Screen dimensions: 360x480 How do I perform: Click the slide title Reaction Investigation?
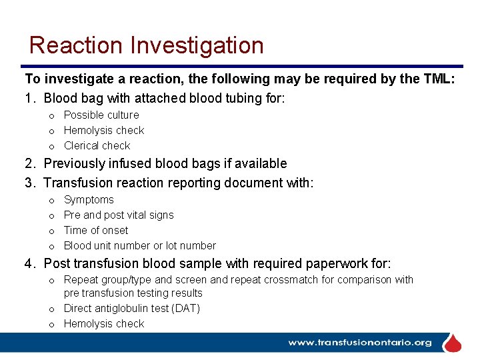147,45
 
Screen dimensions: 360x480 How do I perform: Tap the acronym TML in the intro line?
439,79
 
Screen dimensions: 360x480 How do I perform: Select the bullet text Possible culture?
101,115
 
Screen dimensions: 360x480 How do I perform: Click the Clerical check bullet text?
97,145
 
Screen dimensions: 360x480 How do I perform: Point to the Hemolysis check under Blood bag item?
104,130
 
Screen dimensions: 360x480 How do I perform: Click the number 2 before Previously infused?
29,163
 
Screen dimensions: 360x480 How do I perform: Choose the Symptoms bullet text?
89,199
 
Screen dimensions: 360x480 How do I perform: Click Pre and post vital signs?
119,215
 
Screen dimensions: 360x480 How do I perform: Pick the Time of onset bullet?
96,230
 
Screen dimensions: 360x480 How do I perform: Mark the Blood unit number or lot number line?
140,245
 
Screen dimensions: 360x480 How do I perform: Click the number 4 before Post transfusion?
29,263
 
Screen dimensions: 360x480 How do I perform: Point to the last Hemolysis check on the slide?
104,323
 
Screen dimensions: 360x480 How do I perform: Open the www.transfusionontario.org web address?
360,343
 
